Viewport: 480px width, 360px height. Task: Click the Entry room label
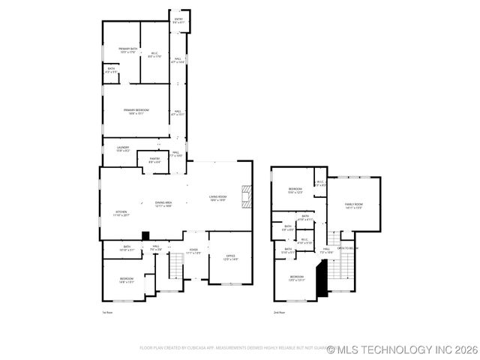(x=178, y=20)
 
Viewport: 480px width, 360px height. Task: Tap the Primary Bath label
(x=127, y=50)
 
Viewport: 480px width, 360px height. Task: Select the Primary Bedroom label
(x=136, y=111)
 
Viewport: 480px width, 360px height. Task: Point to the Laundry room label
(x=122, y=148)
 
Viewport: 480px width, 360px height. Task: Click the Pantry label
(x=154, y=160)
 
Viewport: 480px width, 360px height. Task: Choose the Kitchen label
(x=121, y=214)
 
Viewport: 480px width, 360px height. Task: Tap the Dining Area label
(x=163, y=204)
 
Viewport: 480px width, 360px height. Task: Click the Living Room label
(x=217, y=198)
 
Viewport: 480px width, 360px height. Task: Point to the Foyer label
(x=193, y=251)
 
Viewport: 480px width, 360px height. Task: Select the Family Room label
(x=353, y=206)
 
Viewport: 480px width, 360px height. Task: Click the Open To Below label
(x=346, y=247)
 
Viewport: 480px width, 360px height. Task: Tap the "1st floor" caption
(x=107, y=312)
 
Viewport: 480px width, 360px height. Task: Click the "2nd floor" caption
(x=279, y=312)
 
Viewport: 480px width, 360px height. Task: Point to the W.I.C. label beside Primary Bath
(x=154, y=54)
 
